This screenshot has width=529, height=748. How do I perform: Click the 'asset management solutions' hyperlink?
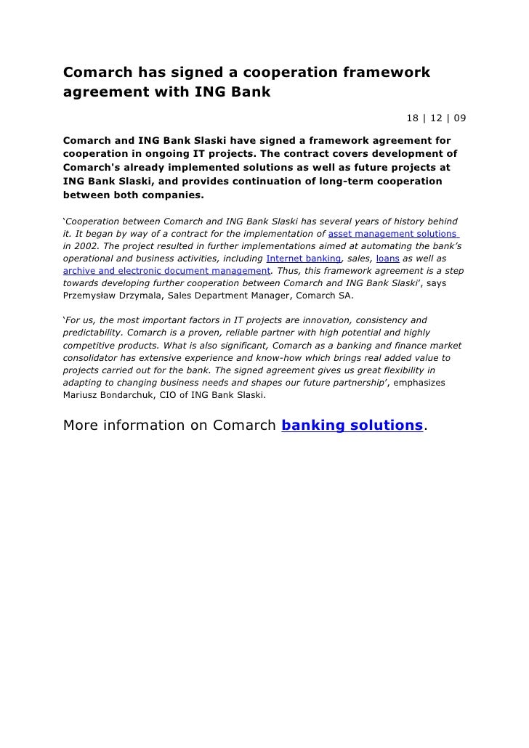pos(393,234)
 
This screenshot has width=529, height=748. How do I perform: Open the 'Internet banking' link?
pos(304,259)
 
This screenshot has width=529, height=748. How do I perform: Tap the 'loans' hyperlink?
pos(387,259)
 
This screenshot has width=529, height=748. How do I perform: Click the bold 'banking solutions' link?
pos(352,426)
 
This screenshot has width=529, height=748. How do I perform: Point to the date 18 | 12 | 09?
pos(436,118)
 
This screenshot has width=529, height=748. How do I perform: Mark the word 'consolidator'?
pos(93,358)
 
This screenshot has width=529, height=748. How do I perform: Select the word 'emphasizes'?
pos(419,383)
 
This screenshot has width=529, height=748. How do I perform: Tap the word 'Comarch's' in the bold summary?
pos(92,167)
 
